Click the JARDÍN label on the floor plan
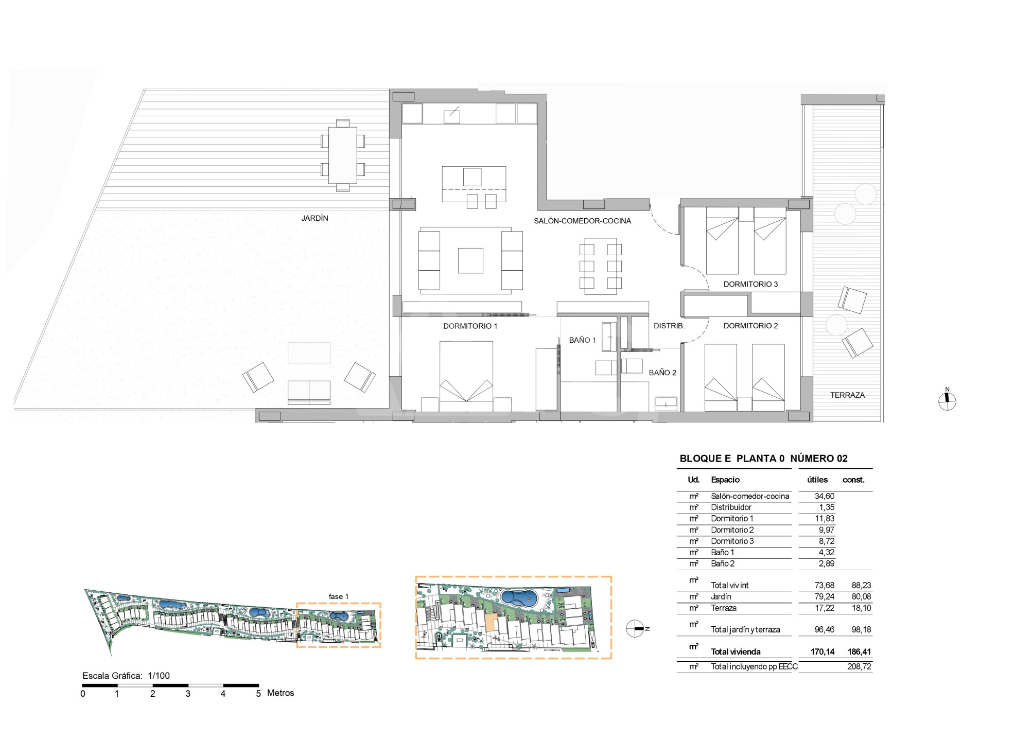click(x=314, y=218)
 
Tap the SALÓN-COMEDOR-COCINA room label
click(x=582, y=221)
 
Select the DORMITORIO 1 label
click(x=470, y=326)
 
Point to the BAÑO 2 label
click(x=662, y=373)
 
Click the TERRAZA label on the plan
click(x=847, y=395)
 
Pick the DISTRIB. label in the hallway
click(x=669, y=326)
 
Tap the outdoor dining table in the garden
click(x=343, y=155)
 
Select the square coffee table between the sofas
click(x=470, y=260)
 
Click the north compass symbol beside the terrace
click(x=947, y=399)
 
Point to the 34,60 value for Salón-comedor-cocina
click(x=825, y=496)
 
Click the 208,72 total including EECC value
click(x=859, y=666)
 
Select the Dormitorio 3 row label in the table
click(x=732, y=541)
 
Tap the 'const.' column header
click(x=853, y=480)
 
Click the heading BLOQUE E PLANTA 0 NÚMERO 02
click(x=763, y=458)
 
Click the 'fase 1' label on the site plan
click(x=339, y=596)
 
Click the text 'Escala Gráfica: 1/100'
click(x=126, y=676)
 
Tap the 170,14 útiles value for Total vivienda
click(x=822, y=651)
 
